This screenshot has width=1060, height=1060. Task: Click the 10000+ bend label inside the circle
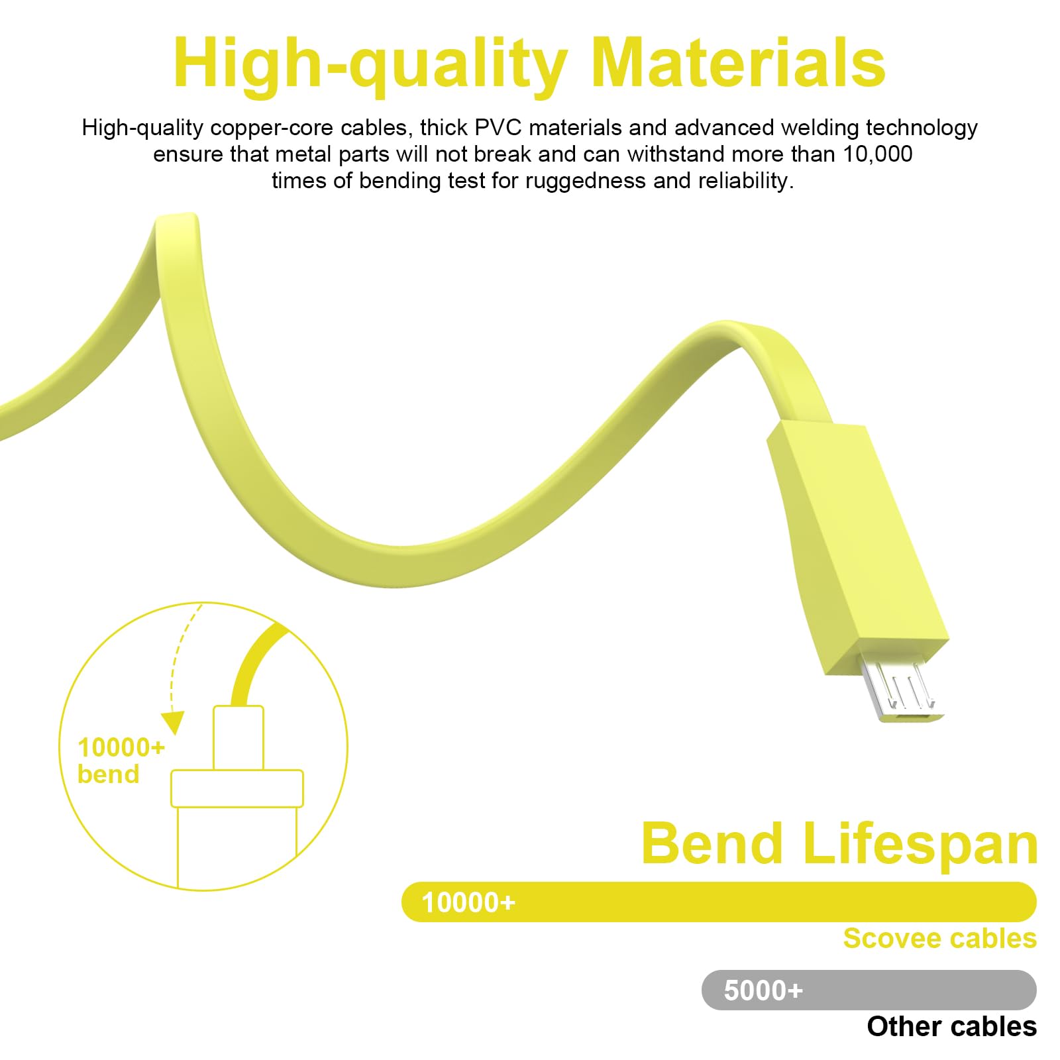121,761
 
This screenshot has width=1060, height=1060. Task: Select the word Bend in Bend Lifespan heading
712,843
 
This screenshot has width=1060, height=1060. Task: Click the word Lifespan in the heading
921,845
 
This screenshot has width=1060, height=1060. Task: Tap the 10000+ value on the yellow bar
468,902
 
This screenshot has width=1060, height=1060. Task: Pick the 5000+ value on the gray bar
763,990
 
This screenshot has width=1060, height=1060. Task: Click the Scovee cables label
939,938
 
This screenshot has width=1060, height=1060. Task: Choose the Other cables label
951,1026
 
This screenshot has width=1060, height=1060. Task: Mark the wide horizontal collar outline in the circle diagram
237,788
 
